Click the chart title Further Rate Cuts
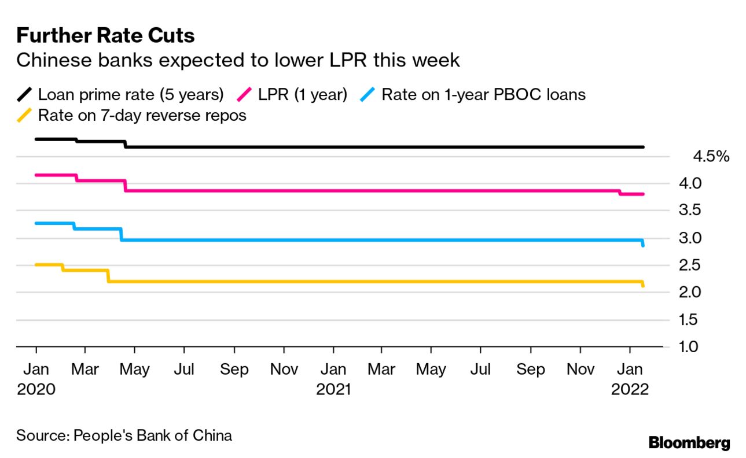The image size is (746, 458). point(105,36)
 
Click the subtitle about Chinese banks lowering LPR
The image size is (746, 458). point(238,60)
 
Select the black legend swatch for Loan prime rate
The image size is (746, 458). point(25,94)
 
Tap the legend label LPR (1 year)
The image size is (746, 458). point(302,94)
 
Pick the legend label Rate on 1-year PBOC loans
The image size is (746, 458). point(483,94)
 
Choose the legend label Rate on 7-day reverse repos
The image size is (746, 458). point(142,115)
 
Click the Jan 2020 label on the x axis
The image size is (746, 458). point(36,379)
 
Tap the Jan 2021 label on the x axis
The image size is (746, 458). point(333,379)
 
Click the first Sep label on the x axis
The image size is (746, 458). point(234,370)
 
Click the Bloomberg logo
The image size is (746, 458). point(689,443)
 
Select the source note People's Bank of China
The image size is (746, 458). point(124,435)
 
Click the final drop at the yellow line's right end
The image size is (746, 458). point(643,284)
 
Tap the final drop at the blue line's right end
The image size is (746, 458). point(643,243)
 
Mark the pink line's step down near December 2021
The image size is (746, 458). point(620,193)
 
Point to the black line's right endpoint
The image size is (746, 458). point(643,147)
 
